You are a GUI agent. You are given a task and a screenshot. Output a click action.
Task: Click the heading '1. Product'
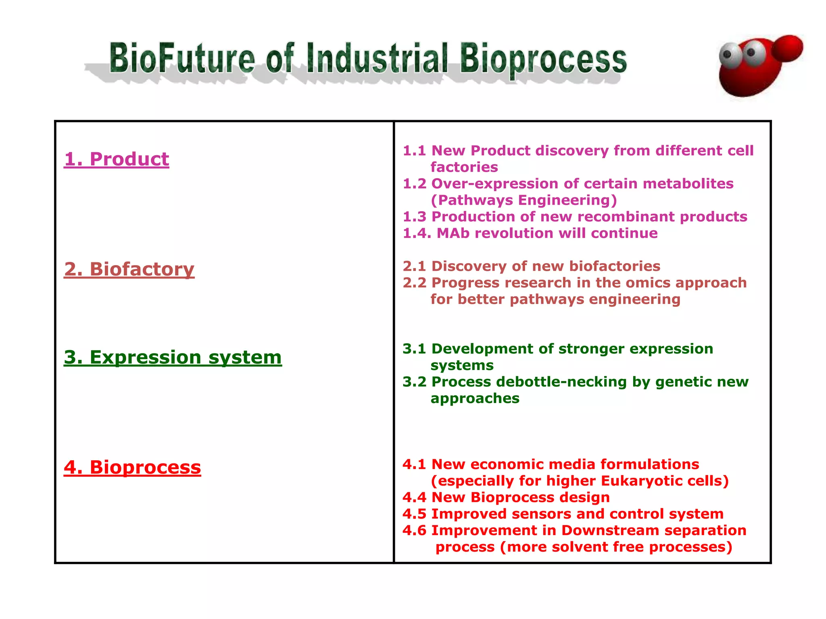tap(117, 159)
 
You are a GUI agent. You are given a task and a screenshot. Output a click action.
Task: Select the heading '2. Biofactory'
tap(129, 269)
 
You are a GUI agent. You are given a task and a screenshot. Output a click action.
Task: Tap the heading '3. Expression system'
tap(173, 357)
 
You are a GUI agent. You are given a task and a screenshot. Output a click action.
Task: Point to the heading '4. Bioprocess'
tap(132, 467)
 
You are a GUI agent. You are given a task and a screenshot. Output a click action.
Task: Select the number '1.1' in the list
tap(414, 151)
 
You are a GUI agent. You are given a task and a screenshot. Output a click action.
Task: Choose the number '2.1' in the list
tap(414, 266)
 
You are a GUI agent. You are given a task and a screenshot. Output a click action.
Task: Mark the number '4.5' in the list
tap(414, 514)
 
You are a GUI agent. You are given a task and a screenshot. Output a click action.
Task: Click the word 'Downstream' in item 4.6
tap(610, 531)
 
